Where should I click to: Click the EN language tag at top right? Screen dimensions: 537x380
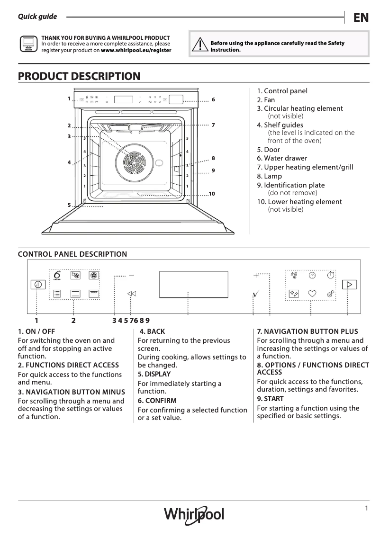pyautogui.click(x=361, y=18)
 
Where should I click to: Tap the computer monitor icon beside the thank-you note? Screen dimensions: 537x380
pyautogui.click(x=27, y=44)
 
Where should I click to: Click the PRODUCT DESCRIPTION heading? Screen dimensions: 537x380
pyautogui.click(x=79, y=76)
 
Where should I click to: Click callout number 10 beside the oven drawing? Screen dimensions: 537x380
pyautogui.click(x=211, y=194)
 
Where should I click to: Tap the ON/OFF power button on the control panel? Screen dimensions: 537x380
pyautogui.click(x=38, y=285)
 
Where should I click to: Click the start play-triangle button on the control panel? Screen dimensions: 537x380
pyautogui.click(x=350, y=285)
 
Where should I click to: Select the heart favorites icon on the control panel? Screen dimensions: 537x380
pyautogui.click(x=312, y=294)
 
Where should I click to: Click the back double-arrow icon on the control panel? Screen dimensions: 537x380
pyautogui.click(x=132, y=294)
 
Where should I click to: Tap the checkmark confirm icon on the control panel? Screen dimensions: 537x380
pyautogui.click(x=256, y=294)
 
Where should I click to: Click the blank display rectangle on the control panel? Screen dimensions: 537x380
pyautogui.click(x=193, y=284)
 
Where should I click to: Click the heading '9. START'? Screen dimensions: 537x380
pyautogui.click(x=270, y=399)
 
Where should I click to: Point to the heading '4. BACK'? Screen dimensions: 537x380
pyautogui.click(x=152, y=331)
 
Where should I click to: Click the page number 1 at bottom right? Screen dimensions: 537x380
pyautogui.click(x=366, y=508)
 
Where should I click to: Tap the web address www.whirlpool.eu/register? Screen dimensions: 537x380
pyautogui.click(x=136, y=50)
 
